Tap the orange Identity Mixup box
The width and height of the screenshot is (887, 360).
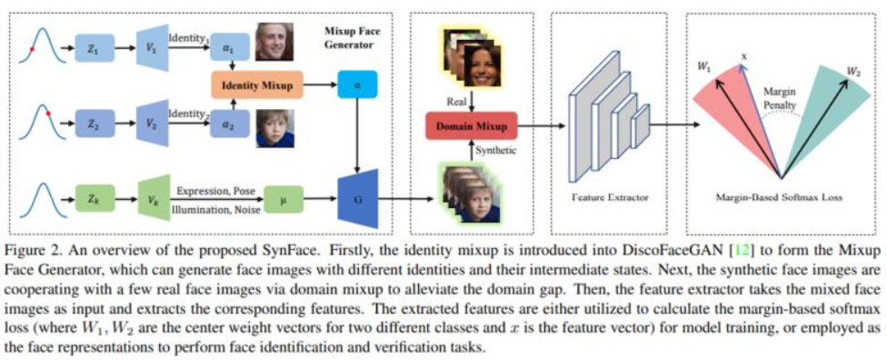(257, 87)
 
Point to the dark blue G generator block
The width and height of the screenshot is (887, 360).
(357, 197)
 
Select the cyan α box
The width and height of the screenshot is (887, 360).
(356, 87)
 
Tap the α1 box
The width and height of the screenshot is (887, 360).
(230, 48)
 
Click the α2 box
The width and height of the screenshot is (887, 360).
(230, 125)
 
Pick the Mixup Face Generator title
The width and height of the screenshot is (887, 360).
(350, 35)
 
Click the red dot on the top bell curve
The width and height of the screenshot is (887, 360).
(33, 49)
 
